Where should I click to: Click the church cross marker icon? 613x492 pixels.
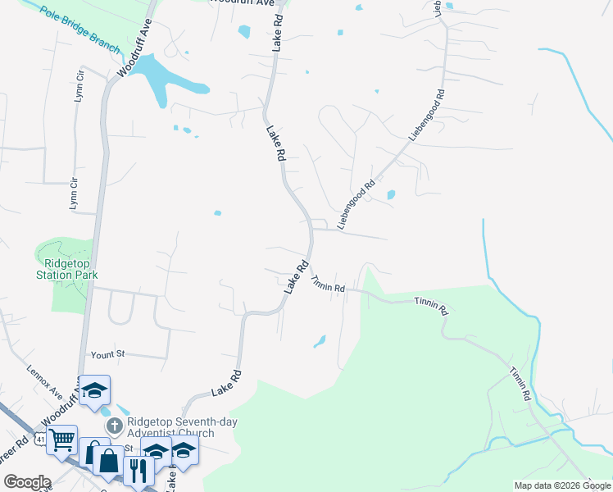(x=114, y=426)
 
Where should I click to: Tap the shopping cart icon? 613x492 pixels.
(x=62, y=440)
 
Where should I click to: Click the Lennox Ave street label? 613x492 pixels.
(x=44, y=381)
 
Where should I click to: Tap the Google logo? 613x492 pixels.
(x=27, y=482)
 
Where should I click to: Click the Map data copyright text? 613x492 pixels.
(x=562, y=485)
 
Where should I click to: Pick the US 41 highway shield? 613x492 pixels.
(x=39, y=440)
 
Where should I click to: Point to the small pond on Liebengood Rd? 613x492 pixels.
(x=390, y=195)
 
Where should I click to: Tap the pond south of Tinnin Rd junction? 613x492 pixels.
(x=320, y=341)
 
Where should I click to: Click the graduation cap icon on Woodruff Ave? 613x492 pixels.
(x=95, y=389)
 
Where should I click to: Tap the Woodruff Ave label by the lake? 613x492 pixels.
(x=135, y=49)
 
